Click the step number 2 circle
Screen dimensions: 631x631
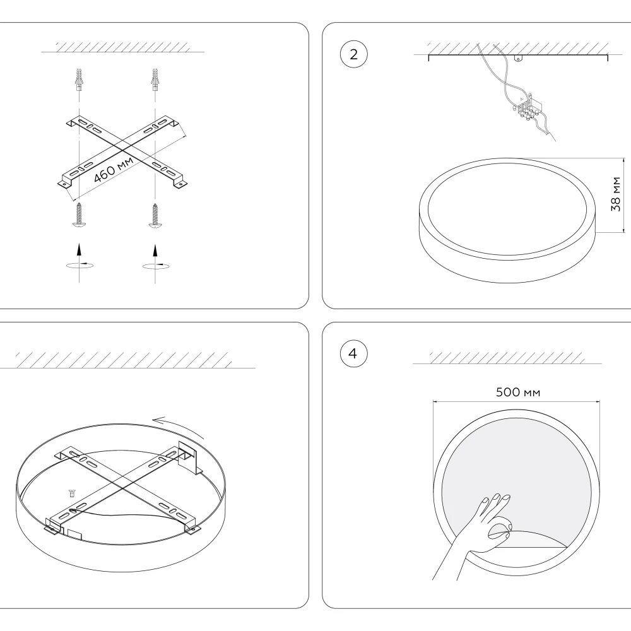point(353,54)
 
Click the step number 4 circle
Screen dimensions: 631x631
point(353,353)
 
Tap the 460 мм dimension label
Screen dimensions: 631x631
point(114,168)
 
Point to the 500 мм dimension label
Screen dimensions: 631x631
point(518,392)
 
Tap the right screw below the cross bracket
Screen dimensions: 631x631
point(154,215)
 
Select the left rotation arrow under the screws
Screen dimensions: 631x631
point(78,264)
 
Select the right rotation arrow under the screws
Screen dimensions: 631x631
point(154,264)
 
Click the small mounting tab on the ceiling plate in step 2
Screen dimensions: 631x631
point(519,59)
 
